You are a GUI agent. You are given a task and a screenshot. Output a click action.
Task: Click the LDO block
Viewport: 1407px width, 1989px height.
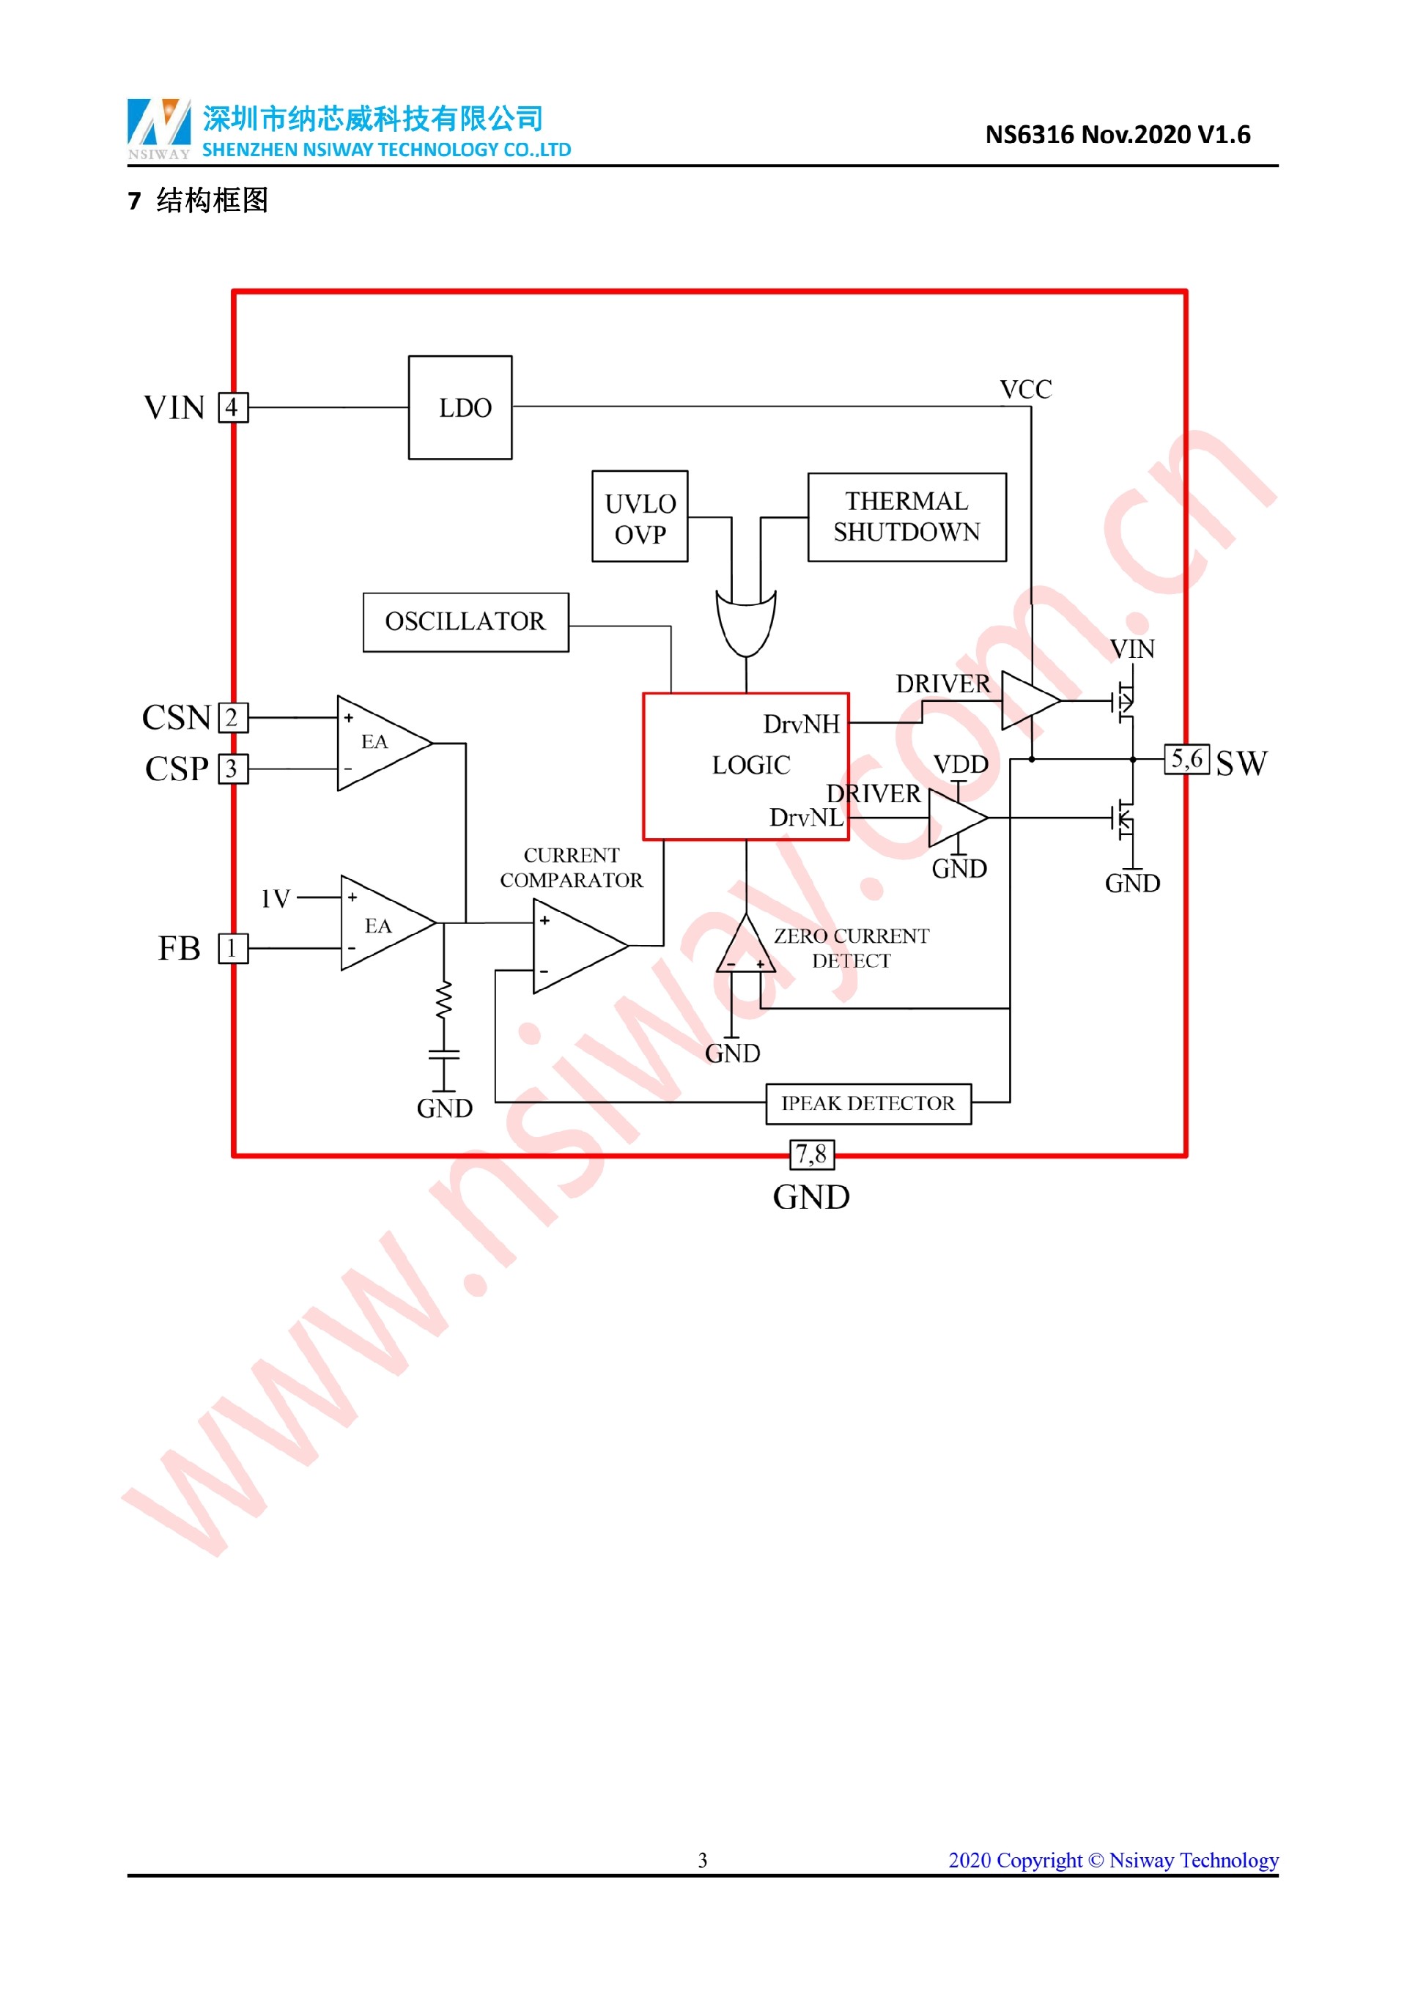click(x=460, y=407)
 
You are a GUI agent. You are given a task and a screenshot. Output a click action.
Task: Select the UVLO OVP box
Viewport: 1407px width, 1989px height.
click(x=640, y=517)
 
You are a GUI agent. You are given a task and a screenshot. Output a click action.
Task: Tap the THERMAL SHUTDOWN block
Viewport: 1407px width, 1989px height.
click(x=906, y=517)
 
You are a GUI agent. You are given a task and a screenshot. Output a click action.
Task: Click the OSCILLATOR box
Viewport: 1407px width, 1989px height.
click(x=465, y=622)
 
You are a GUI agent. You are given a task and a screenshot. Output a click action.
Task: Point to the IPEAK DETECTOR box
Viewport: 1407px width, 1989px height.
click(x=868, y=1103)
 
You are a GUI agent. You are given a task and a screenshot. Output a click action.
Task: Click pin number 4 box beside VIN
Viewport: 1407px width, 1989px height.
click(x=232, y=407)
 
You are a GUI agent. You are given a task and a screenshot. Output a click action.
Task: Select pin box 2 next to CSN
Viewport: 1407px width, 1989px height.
click(x=232, y=717)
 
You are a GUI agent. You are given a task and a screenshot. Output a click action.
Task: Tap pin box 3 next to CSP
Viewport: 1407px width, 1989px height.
click(x=232, y=769)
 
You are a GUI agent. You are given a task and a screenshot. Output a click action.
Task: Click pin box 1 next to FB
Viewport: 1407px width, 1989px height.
click(x=232, y=949)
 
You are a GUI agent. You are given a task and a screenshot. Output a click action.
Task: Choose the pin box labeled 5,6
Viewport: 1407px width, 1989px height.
click(x=1186, y=760)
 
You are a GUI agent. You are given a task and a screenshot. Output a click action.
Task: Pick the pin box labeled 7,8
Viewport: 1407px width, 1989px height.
click(x=812, y=1154)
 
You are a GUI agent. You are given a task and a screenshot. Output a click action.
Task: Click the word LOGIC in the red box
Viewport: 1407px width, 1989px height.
click(x=750, y=766)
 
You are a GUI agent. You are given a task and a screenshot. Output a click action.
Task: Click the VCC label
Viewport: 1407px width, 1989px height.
click(x=1026, y=390)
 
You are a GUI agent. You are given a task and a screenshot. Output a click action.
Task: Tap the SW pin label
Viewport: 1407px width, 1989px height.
click(x=1241, y=764)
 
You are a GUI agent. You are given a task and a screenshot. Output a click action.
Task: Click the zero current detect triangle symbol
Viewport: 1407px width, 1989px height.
click(x=745, y=949)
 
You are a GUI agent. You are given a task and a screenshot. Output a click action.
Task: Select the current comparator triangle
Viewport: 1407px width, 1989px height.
click(x=575, y=945)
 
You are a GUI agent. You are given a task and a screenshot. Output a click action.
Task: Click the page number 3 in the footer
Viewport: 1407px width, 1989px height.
click(x=703, y=1861)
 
